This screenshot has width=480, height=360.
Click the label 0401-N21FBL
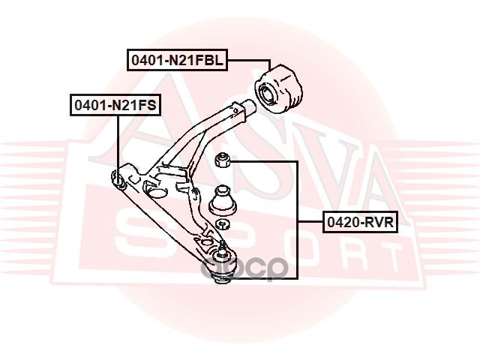(177, 61)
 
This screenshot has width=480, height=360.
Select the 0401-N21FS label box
(115, 106)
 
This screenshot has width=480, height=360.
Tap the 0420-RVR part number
(359, 222)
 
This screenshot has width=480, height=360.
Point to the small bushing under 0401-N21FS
(117, 178)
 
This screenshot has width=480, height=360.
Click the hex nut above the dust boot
(221, 160)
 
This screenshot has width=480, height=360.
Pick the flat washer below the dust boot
(222, 224)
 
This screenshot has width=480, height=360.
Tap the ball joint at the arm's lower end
(222, 266)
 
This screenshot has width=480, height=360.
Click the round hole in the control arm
(157, 192)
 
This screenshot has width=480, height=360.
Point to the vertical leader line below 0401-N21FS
(117, 142)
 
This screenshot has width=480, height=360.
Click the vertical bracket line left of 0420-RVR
(298, 217)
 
